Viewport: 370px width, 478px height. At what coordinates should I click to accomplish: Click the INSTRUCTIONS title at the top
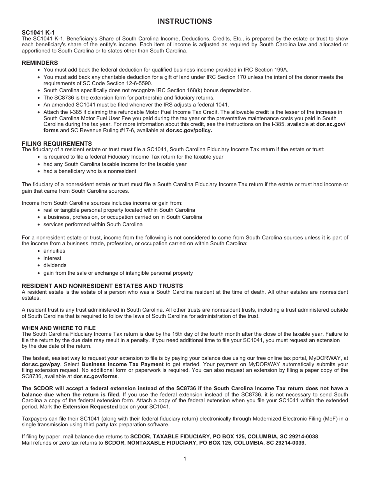(185, 21)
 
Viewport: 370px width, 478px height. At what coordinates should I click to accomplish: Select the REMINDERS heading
(40, 63)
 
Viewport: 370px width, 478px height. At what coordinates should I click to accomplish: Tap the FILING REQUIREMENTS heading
(57, 143)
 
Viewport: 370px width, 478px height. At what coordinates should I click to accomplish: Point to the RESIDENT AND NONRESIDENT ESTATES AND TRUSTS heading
(102, 286)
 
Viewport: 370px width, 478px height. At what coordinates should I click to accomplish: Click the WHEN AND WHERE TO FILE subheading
(58, 328)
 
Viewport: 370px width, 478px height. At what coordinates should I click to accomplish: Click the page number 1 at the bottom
(185, 459)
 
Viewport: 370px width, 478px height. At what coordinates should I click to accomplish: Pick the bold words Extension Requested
(90, 406)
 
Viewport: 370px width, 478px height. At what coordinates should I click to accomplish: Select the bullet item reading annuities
(54, 251)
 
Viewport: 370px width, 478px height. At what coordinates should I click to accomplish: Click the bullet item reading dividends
(55, 265)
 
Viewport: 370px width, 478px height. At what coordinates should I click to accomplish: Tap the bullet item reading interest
(52, 258)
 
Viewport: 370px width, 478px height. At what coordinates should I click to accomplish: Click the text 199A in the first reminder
(280, 70)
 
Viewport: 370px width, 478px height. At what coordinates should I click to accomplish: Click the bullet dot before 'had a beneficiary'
(39, 171)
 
